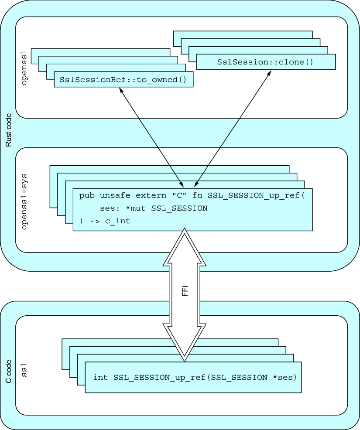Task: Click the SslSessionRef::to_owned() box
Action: pyautogui.click(x=123, y=79)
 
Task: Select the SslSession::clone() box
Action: pyautogui.click(x=266, y=62)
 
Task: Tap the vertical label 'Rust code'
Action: pyautogui.click(x=9, y=130)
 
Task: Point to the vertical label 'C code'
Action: pyautogui.click(x=9, y=371)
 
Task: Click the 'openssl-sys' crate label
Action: pyautogui.click(x=24, y=201)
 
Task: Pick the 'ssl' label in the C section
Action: pyautogui.click(x=24, y=370)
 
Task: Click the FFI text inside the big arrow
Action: pyautogui.click(x=185, y=291)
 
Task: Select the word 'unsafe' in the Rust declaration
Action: pyautogui.click(x=115, y=195)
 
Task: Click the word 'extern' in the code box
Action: pyautogui.click(x=151, y=195)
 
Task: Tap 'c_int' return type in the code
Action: pyautogui.click(x=117, y=221)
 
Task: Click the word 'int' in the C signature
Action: pyautogui.click(x=100, y=377)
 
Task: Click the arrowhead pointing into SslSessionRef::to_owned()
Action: pyautogui.click(x=121, y=91)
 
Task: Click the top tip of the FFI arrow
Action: pyautogui.click(x=185, y=229)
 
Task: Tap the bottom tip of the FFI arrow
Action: pyautogui.click(x=185, y=361)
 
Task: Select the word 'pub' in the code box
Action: pyautogui.click(x=87, y=195)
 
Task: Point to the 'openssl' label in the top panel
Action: pyautogui.click(x=24, y=67)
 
